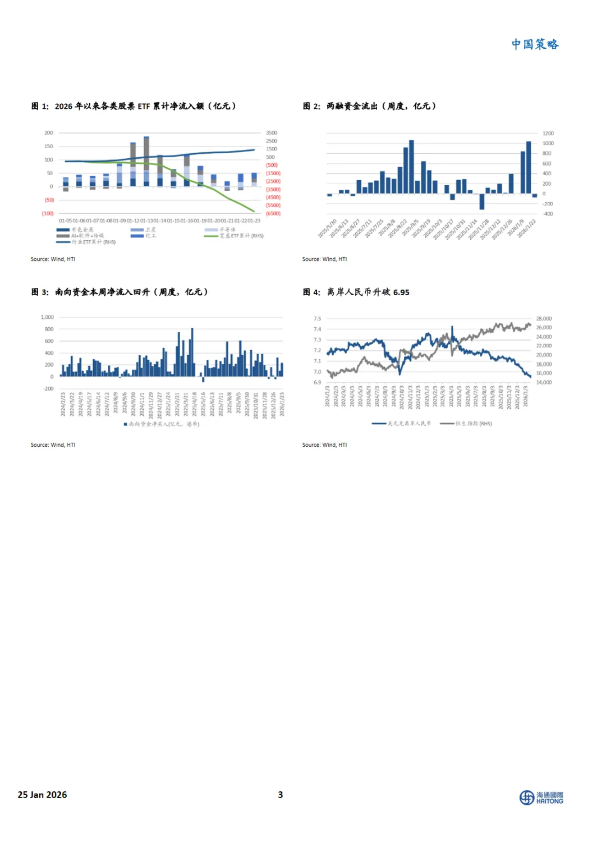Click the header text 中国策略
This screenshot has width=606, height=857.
coord(535,44)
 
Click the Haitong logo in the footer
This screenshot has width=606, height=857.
coord(541,798)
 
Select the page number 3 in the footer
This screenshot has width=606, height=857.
coord(281,795)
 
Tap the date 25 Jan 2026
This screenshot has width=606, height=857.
coord(42,795)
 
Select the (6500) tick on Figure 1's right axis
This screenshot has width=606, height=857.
coord(273,213)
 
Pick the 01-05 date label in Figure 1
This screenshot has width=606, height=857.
coord(65,221)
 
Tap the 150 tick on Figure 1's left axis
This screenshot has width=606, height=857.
coord(49,146)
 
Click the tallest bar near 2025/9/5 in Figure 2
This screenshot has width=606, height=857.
coord(411,167)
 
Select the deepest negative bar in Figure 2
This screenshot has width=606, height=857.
coord(481,201)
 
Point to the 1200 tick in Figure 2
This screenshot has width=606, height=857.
coord(548,134)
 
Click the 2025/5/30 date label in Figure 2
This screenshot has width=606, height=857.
coord(328,229)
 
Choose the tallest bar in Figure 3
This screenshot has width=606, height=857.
coord(192,352)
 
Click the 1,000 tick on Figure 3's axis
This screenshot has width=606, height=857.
coord(47,318)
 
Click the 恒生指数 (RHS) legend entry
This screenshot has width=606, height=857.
coord(467,424)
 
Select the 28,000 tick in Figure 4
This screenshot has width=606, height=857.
coord(543,319)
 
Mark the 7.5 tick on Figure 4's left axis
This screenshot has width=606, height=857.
coord(318,319)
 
